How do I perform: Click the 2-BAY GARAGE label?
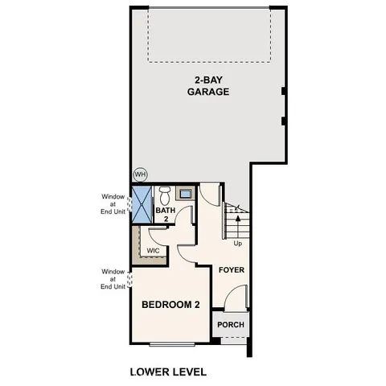pyautogui.click(x=209, y=85)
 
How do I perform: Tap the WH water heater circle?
pyautogui.click(x=141, y=174)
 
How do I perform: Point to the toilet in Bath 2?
pyautogui.click(x=166, y=194)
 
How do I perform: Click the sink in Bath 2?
pyautogui.click(x=185, y=194)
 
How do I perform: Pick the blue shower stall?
pyautogui.click(x=142, y=203)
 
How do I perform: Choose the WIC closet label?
pyautogui.click(x=153, y=250)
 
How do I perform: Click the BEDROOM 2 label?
pyautogui.click(x=170, y=305)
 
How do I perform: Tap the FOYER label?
pyautogui.click(x=231, y=270)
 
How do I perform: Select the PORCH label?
pyautogui.click(x=231, y=326)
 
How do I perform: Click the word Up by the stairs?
pyautogui.click(x=237, y=243)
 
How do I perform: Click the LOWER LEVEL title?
pyautogui.click(x=168, y=372)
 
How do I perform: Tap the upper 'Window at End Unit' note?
pyautogui.click(x=113, y=204)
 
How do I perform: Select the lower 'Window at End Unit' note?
pyautogui.click(x=113, y=279)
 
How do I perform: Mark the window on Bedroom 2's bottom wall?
pyautogui.click(x=171, y=344)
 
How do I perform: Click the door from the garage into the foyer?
pyautogui.click(x=210, y=193)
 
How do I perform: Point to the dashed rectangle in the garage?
pyautogui.click(x=210, y=36)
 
